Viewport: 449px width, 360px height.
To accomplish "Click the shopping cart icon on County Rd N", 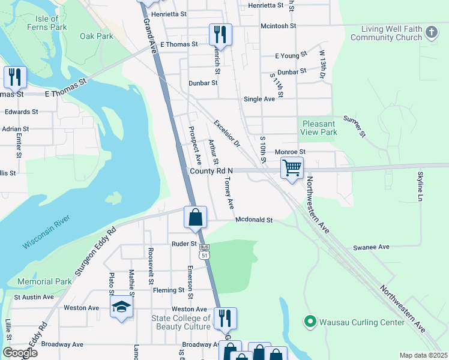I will (x=292, y=169).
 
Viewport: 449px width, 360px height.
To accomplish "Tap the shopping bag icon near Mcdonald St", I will (x=195, y=218).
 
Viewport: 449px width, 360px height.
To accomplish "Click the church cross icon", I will (x=430, y=32).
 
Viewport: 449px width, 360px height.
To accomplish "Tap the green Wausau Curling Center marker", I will (x=310, y=322).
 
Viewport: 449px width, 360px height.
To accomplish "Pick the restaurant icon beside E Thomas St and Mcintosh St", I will (x=220, y=34).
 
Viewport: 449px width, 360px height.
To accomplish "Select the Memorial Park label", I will (x=44, y=281).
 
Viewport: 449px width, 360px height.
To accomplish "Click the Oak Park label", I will (x=97, y=36).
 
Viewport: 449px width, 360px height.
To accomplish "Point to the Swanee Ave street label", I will (x=372, y=247).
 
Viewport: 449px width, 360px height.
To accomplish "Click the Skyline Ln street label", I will (x=420, y=185).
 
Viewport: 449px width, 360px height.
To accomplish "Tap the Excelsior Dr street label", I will (x=227, y=134).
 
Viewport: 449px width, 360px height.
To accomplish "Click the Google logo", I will (x=20, y=352).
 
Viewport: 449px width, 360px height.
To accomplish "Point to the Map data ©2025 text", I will (x=423, y=355).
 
